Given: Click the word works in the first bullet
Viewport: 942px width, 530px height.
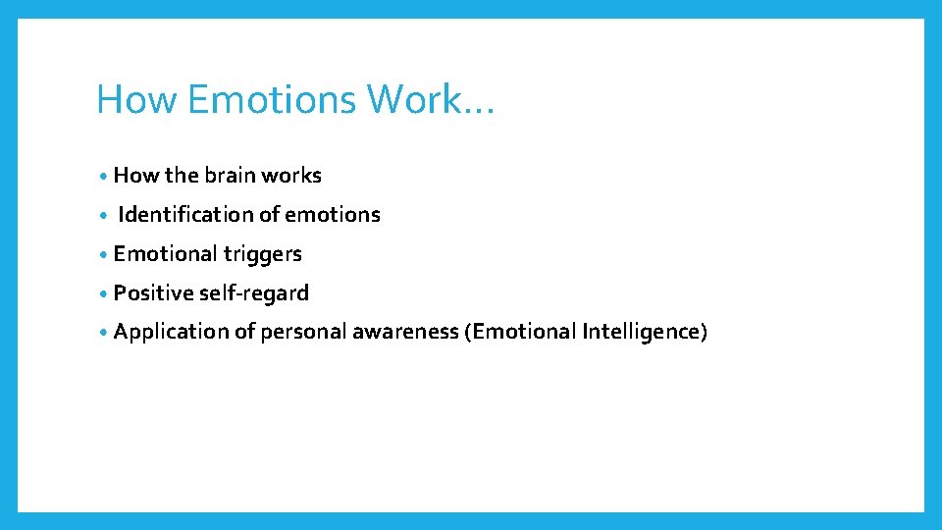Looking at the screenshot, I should pyautogui.click(x=290, y=176).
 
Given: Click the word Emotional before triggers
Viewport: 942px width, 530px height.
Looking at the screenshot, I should pyautogui.click(x=165, y=254).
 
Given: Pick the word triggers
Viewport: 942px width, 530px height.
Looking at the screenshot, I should pyautogui.click(x=263, y=254).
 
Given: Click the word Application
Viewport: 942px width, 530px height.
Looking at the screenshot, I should pyautogui.click(x=171, y=332).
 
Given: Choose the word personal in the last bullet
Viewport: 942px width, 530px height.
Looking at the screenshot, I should pyautogui.click(x=303, y=332).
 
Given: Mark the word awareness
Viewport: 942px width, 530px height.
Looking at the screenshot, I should pyautogui.click(x=405, y=332).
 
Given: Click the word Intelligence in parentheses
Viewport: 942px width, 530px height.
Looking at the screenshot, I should pyautogui.click(x=643, y=332).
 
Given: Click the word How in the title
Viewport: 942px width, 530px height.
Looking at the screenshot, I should pyautogui.click(x=129, y=99).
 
